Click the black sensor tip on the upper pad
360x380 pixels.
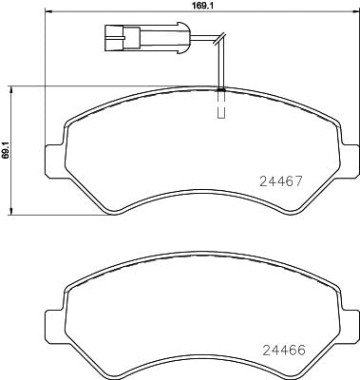(x=220, y=89)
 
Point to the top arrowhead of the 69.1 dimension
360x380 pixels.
(x=12, y=87)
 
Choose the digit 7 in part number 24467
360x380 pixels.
(x=309, y=180)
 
